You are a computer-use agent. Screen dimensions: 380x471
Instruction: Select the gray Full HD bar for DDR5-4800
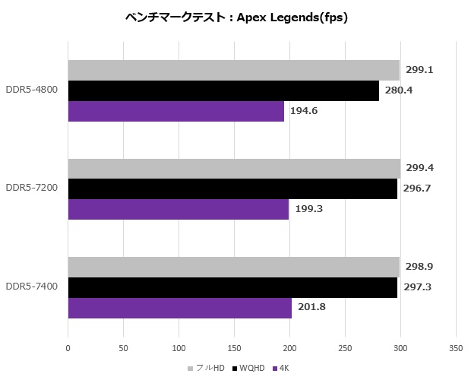tap(233, 70)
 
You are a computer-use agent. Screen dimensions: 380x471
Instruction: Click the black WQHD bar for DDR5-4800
tap(223, 90)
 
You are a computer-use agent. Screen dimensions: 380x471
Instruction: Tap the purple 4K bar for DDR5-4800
tap(176, 111)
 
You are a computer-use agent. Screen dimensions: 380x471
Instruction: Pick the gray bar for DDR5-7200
tap(234, 169)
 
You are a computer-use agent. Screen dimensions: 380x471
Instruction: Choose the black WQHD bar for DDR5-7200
tap(232, 189)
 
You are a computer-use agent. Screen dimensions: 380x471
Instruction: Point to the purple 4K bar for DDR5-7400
tap(179, 308)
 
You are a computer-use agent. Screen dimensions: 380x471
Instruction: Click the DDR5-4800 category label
tap(33, 90)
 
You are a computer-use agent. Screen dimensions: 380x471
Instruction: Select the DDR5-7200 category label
tap(33, 189)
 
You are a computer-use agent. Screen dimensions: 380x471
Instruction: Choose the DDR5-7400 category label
tap(33, 287)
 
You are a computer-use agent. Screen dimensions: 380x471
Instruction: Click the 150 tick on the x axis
tap(235, 349)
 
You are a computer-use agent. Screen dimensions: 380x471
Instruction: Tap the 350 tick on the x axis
tap(455, 349)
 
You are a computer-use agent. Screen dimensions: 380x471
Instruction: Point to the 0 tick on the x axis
tap(68, 349)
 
